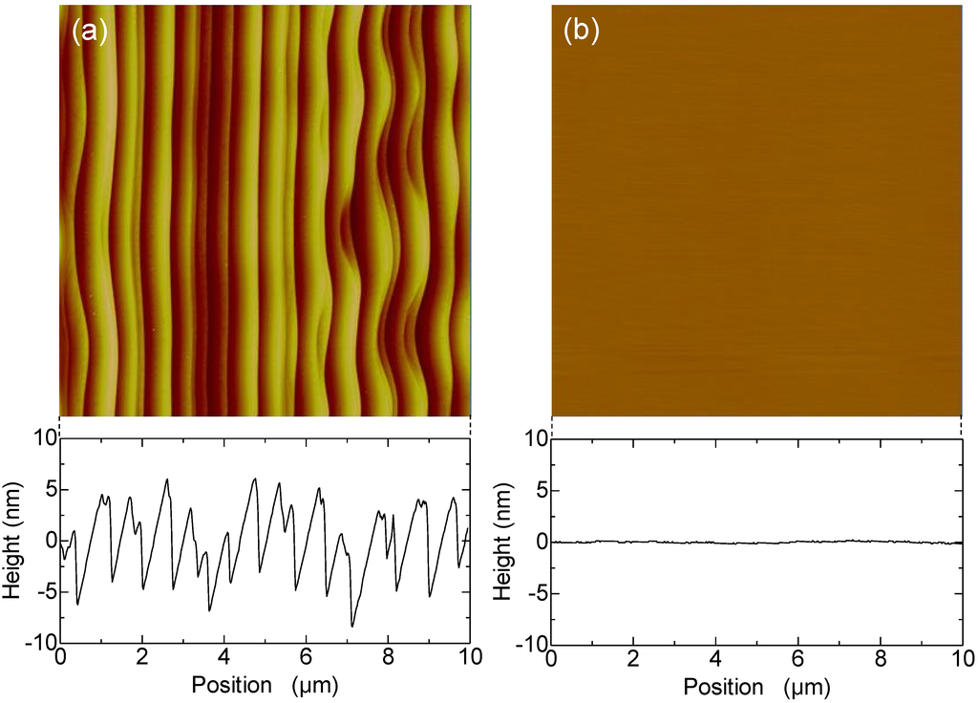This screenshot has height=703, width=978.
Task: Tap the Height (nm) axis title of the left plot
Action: pyautogui.click(x=12, y=541)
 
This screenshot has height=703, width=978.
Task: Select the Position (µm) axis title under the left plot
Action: pyautogui.click(x=265, y=686)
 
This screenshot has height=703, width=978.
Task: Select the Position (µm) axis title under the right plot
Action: pyautogui.click(x=755, y=686)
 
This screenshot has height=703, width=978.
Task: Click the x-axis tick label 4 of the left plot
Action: pyautogui.click(x=223, y=660)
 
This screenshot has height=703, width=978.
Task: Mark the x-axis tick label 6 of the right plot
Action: pyautogui.click(x=798, y=660)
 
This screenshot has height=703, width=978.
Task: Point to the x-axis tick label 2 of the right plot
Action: pyautogui.click(x=633, y=660)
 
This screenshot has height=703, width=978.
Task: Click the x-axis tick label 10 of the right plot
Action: pyautogui.click(x=960, y=660)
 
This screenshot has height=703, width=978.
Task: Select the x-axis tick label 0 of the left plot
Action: pyautogui.click(x=60, y=660)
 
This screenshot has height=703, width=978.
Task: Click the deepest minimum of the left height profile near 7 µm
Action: pyautogui.click(x=351, y=626)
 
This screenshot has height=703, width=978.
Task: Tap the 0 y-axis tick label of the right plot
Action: pyautogui.click(x=539, y=542)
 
